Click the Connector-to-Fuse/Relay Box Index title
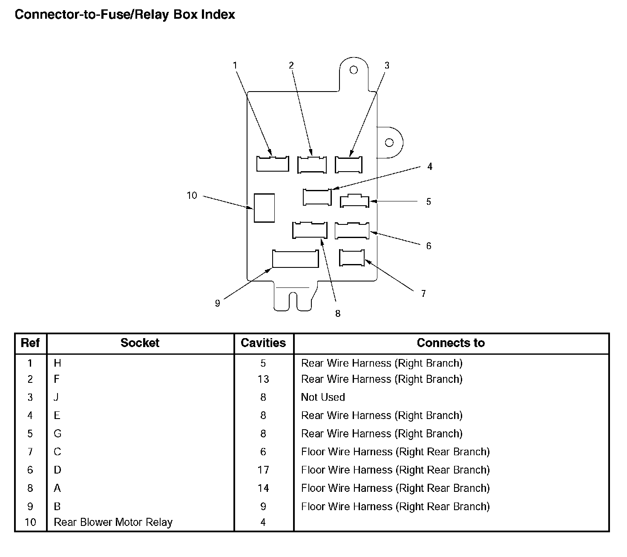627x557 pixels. tap(125, 14)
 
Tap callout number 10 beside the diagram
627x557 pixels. tap(192, 195)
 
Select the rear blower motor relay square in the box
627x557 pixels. tap(264, 208)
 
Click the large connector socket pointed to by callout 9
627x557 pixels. tap(295, 259)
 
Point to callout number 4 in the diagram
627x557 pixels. tap(430, 167)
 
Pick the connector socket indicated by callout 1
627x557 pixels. tap(272, 164)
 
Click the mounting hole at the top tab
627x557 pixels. tap(354, 70)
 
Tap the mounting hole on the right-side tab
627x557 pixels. tap(389, 142)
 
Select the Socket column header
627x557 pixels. tap(140, 343)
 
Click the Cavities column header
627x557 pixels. tap(263, 343)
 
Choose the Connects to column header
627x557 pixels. tap(451, 343)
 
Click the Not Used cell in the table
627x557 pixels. tap(323, 397)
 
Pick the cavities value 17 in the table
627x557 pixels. tap(263, 470)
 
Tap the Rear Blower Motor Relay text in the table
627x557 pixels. tap(113, 523)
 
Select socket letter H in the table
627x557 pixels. tap(58, 363)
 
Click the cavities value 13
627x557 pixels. tap(263, 379)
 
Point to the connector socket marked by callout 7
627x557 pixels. tap(352, 258)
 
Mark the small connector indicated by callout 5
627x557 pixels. tap(354, 201)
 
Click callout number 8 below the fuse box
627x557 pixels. tap(338, 314)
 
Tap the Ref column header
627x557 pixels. tap(30, 343)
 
